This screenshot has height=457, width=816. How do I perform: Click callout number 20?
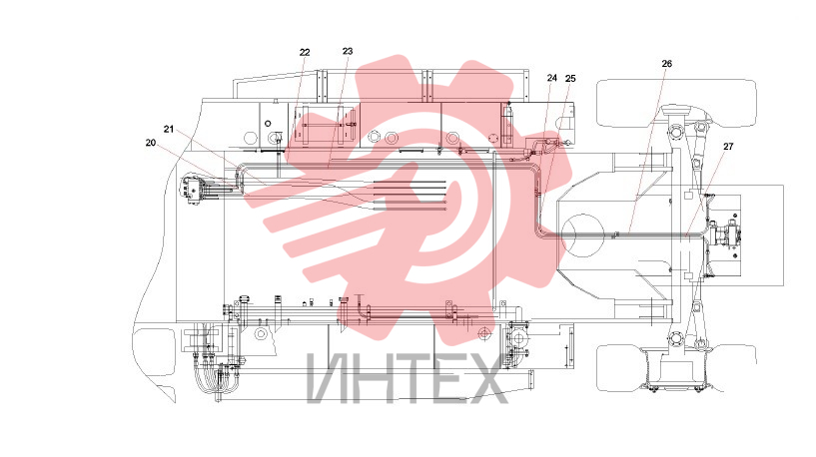(151, 143)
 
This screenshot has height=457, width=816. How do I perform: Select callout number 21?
(169, 129)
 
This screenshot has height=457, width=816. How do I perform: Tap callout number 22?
(305, 52)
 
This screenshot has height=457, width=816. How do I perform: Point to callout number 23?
(348, 51)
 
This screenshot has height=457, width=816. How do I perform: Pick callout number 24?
(552, 78)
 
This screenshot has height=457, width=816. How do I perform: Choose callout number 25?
(570, 78)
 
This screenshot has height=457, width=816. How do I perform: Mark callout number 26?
(666, 64)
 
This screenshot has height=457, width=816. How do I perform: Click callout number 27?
(728, 147)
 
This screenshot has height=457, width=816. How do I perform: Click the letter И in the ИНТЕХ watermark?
(328, 378)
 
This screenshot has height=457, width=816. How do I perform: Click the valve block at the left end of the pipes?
(194, 191)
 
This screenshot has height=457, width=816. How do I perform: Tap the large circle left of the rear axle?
(583, 235)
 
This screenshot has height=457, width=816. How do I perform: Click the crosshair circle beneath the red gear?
(484, 331)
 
